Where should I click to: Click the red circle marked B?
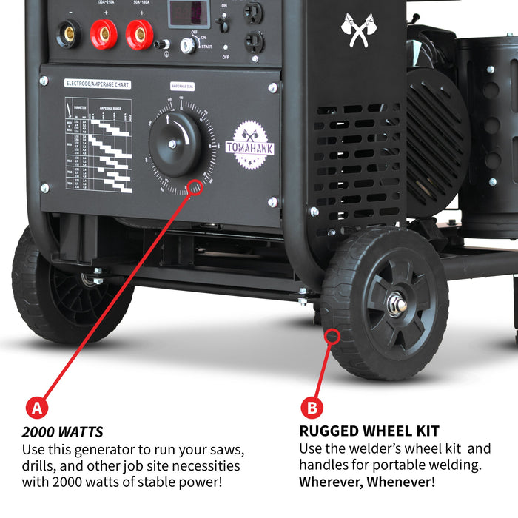312,407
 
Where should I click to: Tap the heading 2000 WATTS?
62,432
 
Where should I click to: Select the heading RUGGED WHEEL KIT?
369,431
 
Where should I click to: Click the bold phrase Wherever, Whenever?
367,482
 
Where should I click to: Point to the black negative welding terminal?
69,33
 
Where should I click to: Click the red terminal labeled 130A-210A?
104,34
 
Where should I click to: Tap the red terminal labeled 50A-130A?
139,34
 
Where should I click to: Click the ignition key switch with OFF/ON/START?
189,45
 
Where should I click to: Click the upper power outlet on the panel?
254,13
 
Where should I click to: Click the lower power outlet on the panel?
254,42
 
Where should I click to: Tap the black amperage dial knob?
175,144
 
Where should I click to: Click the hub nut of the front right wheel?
397,303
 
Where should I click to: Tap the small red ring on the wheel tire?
332,337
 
